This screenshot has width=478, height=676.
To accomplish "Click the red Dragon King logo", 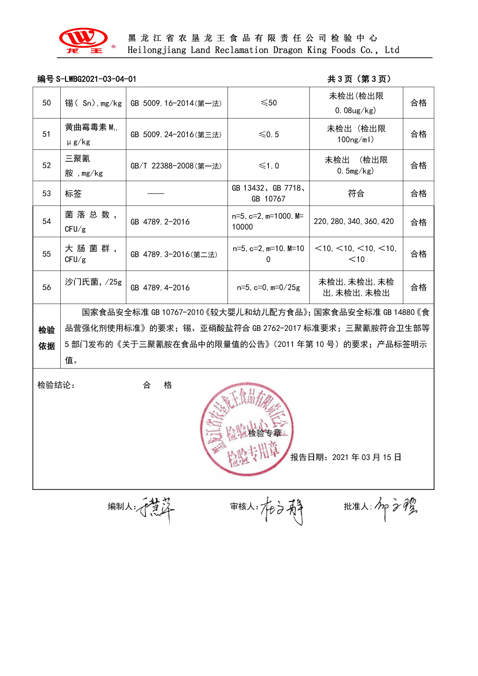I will pyautogui.click(x=83, y=40).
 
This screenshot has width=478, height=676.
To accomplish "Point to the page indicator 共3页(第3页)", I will pyautogui.click(x=359, y=79).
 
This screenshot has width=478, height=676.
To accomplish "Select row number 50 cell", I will pyautogui.click(x=47, y=103).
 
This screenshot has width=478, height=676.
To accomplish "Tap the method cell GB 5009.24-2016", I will pyautogui.click(x=176, y=134).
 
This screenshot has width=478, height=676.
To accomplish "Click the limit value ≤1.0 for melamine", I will pyautogui.click(x=268, y=166).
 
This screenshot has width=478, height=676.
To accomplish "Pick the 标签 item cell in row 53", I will pyautogui.click(x=73, y=194).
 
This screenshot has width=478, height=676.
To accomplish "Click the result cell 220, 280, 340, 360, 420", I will pyautogui.click(x=354, y=222).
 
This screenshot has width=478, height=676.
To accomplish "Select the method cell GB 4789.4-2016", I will pyautogui.click(x=160, y=288).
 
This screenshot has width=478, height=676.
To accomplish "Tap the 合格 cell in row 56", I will pyautogui.click(x=418, y=288).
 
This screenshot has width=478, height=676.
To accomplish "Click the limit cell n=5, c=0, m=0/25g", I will pyautogui.click(x=268, y=288).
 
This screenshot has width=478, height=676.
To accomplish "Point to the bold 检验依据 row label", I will pyautogui.click(x=47, y=338).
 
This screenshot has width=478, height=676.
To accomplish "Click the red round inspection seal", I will pyautogui.click(x=247, y=429).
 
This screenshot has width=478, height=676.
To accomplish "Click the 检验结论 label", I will pyautogui.click(x=56, y=385).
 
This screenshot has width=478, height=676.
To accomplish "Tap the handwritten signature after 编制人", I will pyautogui.click(x=156, y=509).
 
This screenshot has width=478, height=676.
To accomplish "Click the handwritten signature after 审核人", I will pyautogui.click(x=282, y=510).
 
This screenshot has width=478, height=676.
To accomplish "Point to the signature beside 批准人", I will pyautogui.click(x=396, y=508).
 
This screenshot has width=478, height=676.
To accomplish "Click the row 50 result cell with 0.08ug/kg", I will pyautogui.click(x=356, y=103).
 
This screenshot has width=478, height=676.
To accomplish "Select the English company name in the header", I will pyautogui.click(x=263, y=50).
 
